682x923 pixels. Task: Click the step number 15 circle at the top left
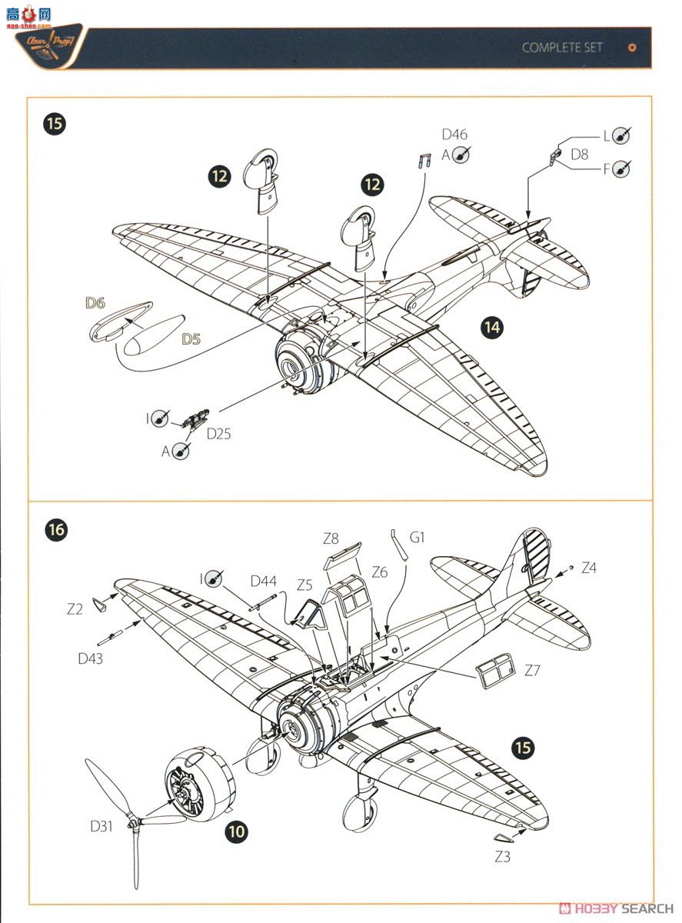[55, 125]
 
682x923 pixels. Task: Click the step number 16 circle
[55, 529]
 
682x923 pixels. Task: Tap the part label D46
[454, 135]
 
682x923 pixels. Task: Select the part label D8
[580, 155]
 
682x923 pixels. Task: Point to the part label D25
[218, 433]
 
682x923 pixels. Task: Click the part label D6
[95, 303]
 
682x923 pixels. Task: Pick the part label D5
[191, 338]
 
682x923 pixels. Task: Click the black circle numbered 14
[491, 328]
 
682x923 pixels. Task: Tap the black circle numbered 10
[238, 831]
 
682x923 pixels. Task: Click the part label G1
[417, 537]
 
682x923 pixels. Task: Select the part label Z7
[532, 670]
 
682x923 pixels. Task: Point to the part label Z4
[589, 568]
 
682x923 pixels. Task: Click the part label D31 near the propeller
[101, 826]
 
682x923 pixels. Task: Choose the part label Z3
[502, 857]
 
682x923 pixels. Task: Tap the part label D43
[90, 658]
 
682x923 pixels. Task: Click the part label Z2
[74, 609]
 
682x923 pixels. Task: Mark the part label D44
[263, 581]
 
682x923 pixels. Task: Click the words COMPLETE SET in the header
[562, 48]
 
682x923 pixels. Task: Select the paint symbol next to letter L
[622, 135]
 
